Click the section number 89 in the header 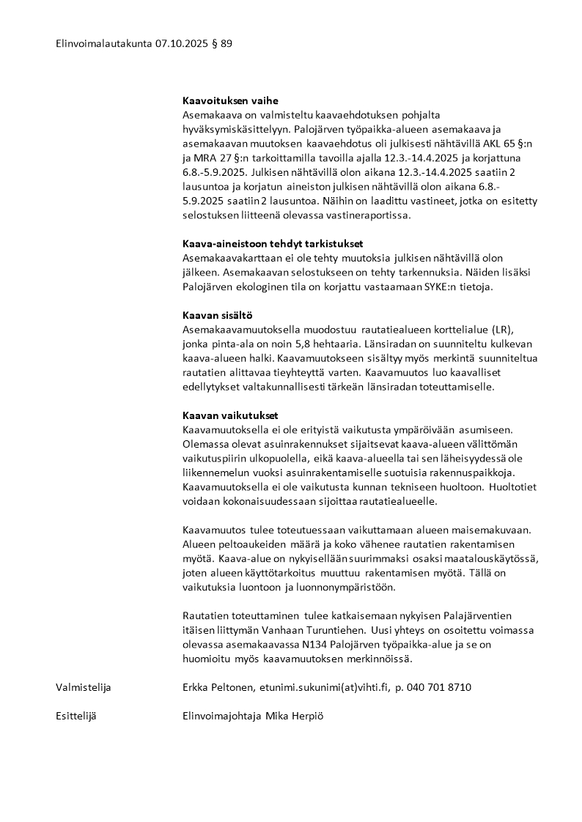pyautogui.click(x=226, y=44)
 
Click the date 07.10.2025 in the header pyautogui.click(x=180, y=44)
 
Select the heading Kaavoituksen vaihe pyautogui.click(x=230, y=101)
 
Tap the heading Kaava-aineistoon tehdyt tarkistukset pyautogui.click(x=273, y=244)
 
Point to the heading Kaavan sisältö pyautogui.click(x=217, y=315)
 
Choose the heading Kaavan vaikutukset pyautogui.click(x=230, y=415)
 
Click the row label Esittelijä pyautogui.click(x=76, y=716)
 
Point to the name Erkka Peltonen pyautogui.click(x=218, y=687)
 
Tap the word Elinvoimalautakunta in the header pyautogui.click(x=103, y=44)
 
